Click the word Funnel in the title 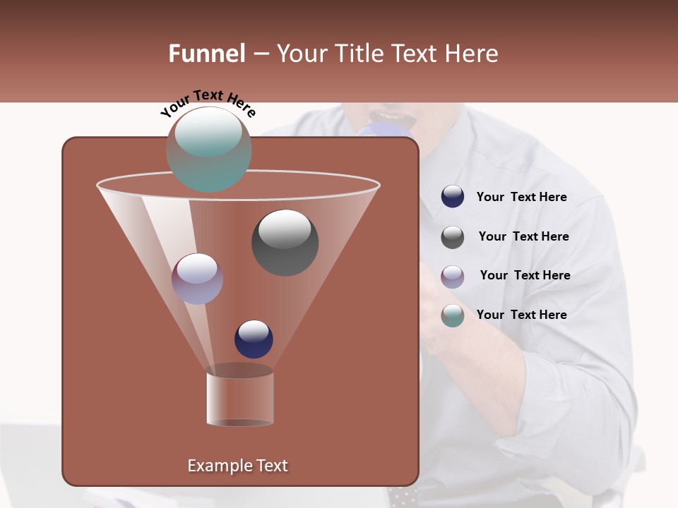[206, 54]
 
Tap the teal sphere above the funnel [208, 149]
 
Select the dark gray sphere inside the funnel [285, 242]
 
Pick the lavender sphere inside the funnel [197, 278]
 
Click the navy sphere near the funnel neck [254, 339]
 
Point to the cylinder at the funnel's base [239, 399]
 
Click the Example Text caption [237, 466]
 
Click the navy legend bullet [453, 197]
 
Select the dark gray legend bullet [453, 237]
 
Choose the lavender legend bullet [453, 277]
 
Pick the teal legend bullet [453, 315]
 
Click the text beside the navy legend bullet [521, 197]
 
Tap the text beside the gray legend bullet [523, 236]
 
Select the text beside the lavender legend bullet [525, 275]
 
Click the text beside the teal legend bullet [521, 315]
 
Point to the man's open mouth [391, 115]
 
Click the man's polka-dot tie [403, 495]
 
